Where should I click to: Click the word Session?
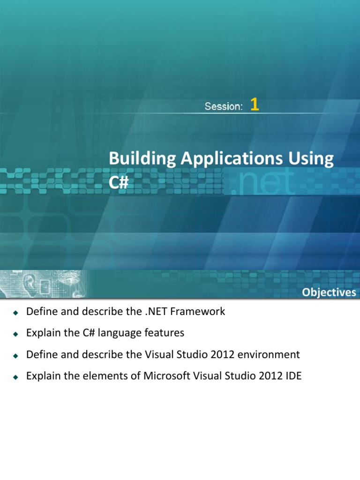click(x=223, y=106)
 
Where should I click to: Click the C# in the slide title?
click(x=119, y=182)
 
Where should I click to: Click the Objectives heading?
click(x=329, y=292)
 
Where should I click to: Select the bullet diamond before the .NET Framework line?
click(x=15, y=312)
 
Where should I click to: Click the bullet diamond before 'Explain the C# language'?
click(x=15, y=334)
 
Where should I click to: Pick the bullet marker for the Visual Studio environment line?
click(x=15, y=355)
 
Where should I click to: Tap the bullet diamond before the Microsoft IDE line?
click(x=15, y=377)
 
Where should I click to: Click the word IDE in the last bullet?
click(x=292, y=376)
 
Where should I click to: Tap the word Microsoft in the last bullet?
click(x=166, y=376)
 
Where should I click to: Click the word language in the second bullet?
click(x=111, y=333)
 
